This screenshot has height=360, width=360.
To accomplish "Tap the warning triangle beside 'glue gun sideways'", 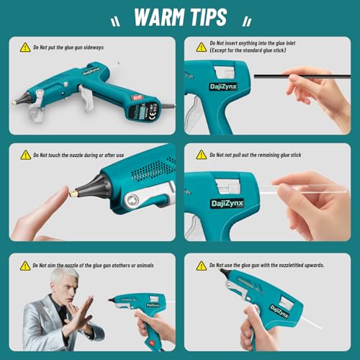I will tap(25, 48).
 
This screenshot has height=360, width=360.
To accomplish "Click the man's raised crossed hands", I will tap(77, 315).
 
